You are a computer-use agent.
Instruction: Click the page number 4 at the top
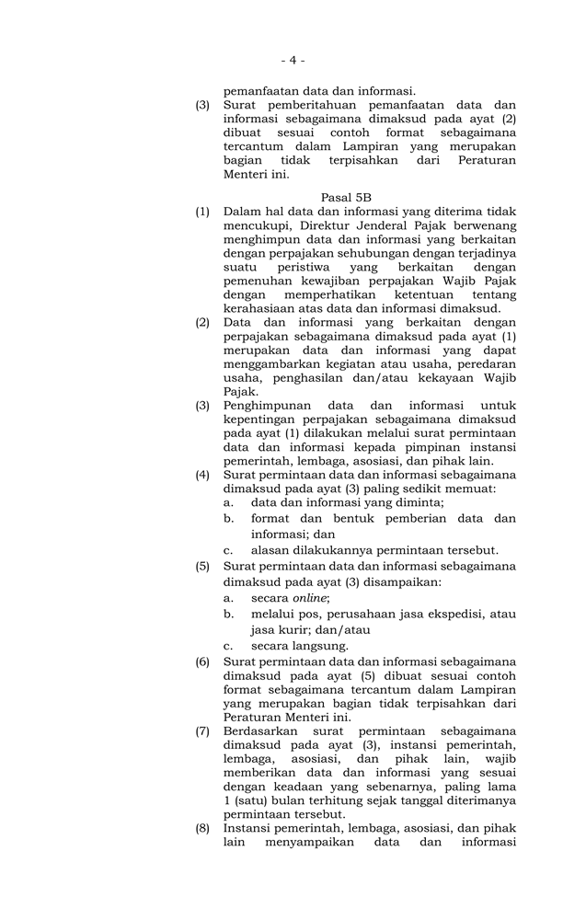[x=293, y=60]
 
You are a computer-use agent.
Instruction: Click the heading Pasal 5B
[x=339, y=198]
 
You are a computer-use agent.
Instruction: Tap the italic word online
[x=310, y=597]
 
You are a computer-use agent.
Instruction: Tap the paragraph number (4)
[x=201, y=475]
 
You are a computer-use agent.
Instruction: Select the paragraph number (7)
[x=201, y=730]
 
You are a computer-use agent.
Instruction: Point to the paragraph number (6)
[x=201, y=661]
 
